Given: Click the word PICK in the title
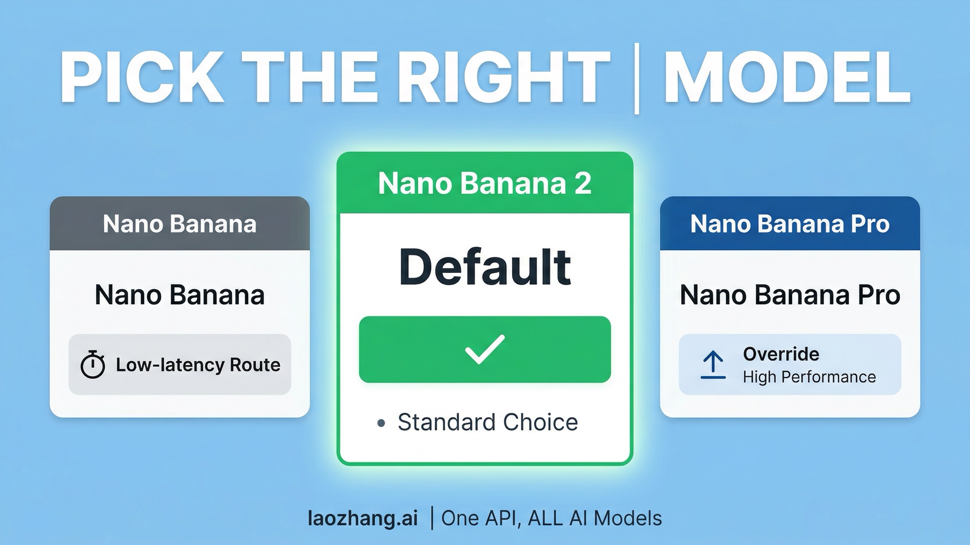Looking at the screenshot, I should tap(141, 78).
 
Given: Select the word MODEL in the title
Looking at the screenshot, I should tap(786, 78).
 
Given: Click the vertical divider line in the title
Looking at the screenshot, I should tap(637, 79).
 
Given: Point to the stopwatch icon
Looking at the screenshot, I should tap(93, 365).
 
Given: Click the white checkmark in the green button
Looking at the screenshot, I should tap(485, 349).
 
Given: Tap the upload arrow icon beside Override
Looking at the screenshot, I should tap(713, 365).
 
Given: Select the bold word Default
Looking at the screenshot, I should tap(485, 267).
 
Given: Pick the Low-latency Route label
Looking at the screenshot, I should tap(198, 365).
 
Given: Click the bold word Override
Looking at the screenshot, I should tap(781, 354).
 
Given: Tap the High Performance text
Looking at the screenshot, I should tap(809, 377).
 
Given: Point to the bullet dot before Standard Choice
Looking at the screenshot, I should tap(381, 423).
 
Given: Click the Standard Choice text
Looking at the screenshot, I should tap(488, 422).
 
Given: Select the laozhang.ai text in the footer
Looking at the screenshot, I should tap(363, 518).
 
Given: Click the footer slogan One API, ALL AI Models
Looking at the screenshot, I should tap(551, 518).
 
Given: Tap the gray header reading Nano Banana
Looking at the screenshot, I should tap(180, 224).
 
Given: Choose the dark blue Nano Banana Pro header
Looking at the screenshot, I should tap(790, 224).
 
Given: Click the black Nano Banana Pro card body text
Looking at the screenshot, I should tap(790, 295).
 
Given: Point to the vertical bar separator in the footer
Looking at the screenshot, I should tap(432, 518).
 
